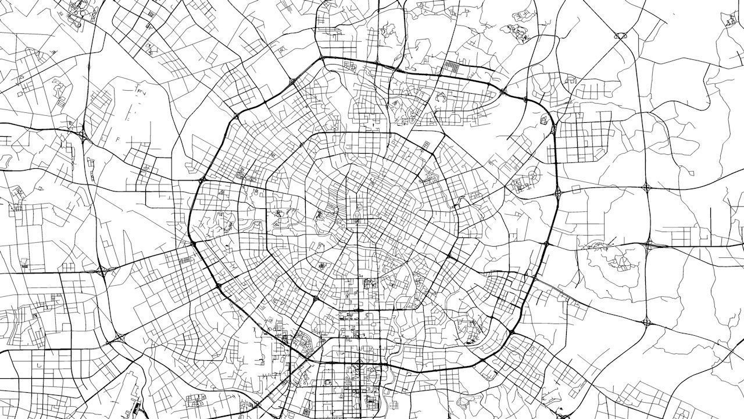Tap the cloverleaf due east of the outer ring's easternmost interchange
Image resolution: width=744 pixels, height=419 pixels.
tap(646, 187)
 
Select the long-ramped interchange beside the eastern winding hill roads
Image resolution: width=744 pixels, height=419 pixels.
tap(649, 246)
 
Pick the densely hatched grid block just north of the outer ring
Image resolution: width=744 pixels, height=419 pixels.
tap(451, 67)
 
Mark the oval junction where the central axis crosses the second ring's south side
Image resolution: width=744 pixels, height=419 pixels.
tap(358, 310)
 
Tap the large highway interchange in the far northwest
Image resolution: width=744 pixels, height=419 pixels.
tap(85, 137)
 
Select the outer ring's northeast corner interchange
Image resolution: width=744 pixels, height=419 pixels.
tap(552, 124)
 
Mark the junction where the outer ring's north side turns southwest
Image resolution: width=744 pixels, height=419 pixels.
tap(321, 58)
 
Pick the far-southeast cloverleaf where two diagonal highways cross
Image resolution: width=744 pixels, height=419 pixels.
tap(646, 321)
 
